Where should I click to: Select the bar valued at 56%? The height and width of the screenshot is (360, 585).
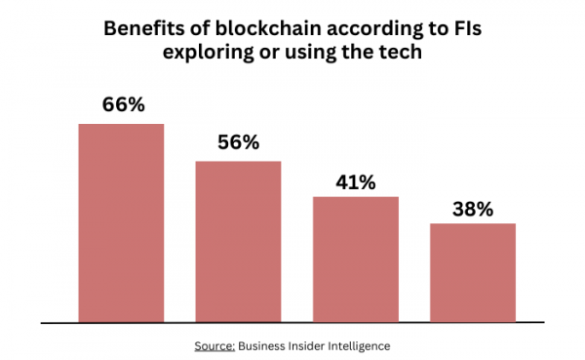238,241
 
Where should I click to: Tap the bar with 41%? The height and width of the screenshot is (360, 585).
355,259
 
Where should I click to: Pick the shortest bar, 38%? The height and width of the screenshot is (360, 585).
472,272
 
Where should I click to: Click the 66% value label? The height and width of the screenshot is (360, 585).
121,104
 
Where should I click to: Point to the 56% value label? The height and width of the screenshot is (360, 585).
238,142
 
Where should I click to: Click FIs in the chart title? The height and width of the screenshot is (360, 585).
467,30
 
